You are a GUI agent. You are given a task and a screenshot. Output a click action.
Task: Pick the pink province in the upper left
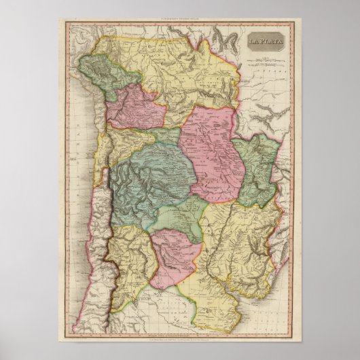click(136, 105)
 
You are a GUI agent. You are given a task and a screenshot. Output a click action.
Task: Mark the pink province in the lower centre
click(175, 251)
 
